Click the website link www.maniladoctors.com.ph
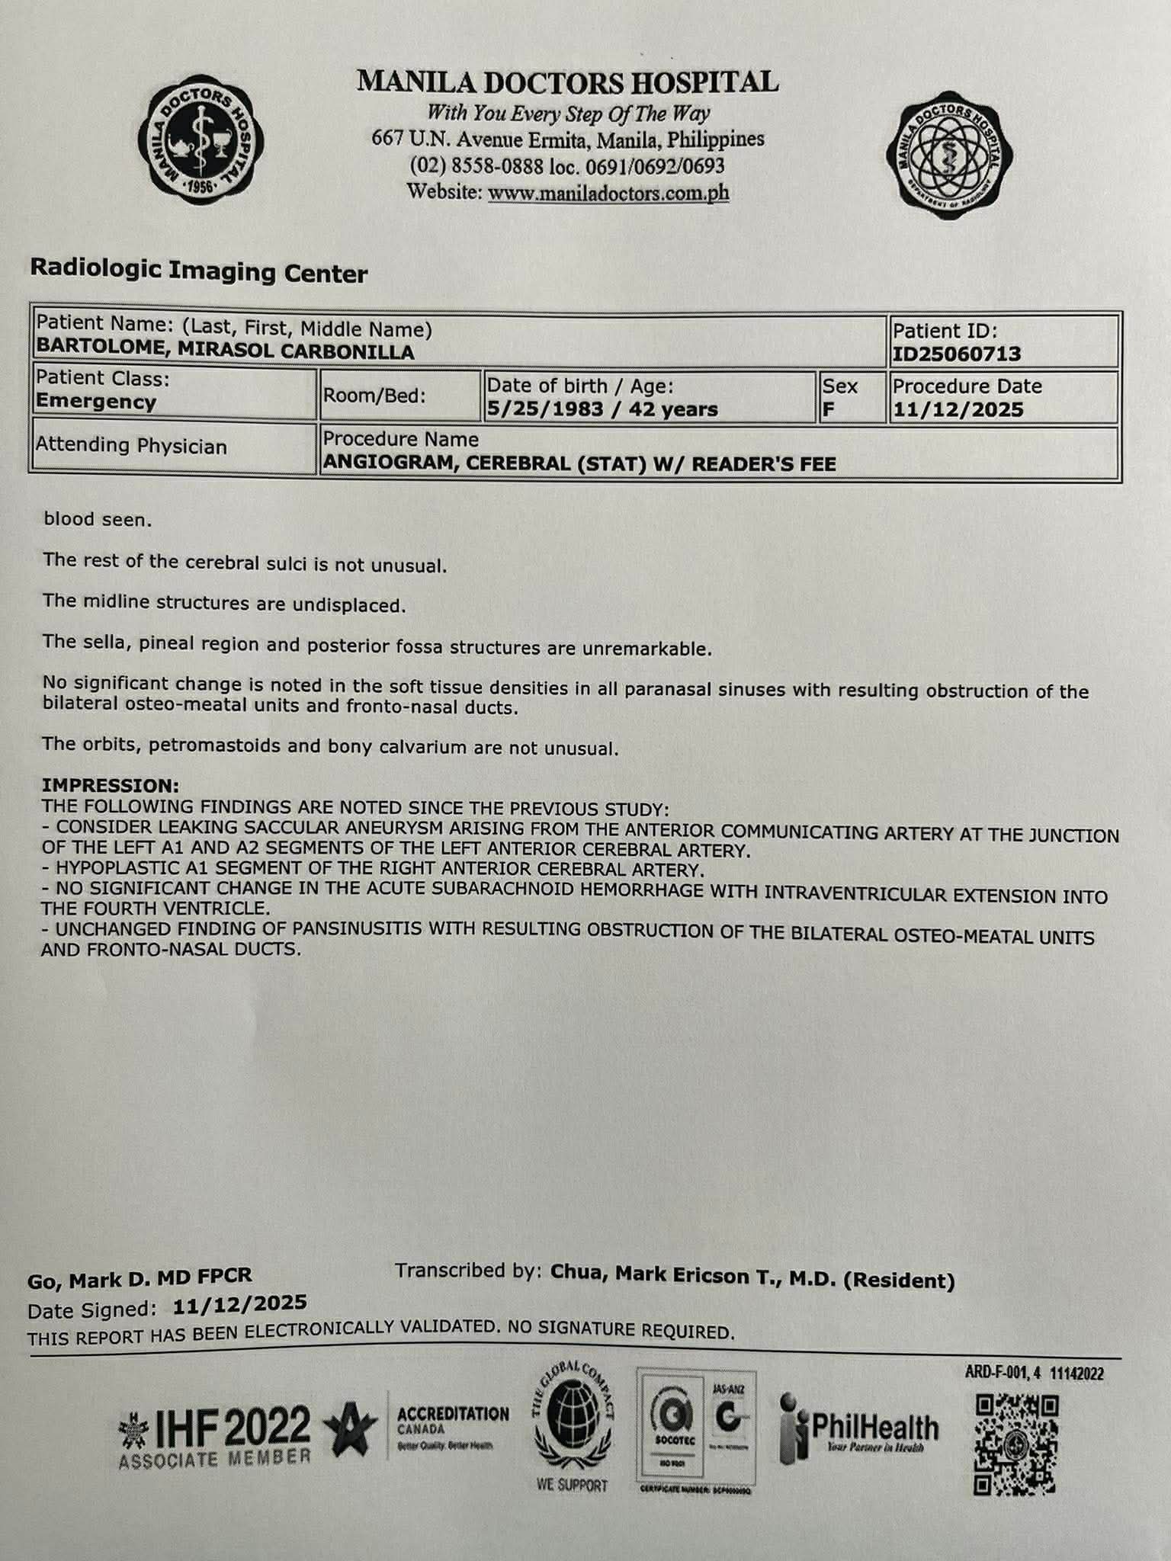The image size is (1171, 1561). [x=608, y=193]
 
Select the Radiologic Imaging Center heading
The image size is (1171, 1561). [x=198, y=272]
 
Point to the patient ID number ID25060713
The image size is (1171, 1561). [x=956, y=354]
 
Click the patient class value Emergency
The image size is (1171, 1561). [x=96, y=402]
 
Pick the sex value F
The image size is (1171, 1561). [x=829, y=409]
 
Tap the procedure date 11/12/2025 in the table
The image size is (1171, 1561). [x=958, y=409]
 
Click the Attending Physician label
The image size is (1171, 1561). [x=131, y=445]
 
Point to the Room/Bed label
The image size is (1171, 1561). [x=374, y=396]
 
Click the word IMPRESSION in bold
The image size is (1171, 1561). [x=111, y=785]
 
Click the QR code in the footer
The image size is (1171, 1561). [x=1016, y=1444]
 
